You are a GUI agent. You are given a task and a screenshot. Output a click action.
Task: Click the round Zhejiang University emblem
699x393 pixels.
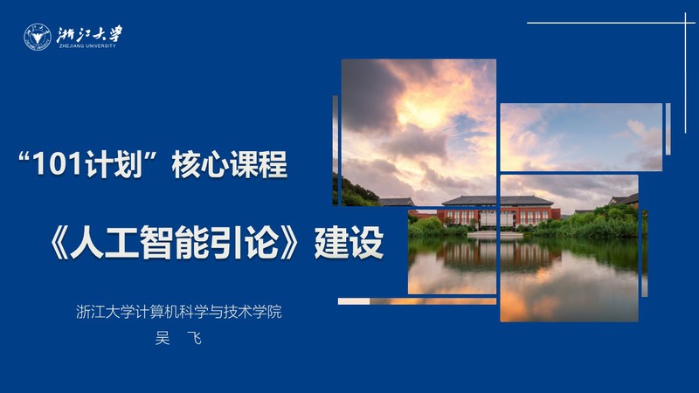[38, 37]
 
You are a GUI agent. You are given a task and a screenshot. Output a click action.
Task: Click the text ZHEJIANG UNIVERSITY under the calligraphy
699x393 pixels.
[87, 46]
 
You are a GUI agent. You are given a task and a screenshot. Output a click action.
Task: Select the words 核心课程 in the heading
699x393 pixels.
[230, 164]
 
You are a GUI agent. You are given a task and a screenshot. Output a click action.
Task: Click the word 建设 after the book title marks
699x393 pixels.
[349, 243]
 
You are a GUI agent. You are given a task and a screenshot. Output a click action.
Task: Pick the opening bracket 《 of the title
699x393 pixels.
[59, 243]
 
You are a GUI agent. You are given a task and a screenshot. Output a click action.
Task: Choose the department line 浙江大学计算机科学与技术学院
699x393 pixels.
[179, 312]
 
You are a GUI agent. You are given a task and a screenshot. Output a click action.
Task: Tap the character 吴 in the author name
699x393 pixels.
[163, 339]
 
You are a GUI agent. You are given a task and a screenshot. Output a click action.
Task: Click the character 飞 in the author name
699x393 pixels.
[194, 339]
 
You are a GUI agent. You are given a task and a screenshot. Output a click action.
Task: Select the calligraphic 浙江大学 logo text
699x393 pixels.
[89, 34]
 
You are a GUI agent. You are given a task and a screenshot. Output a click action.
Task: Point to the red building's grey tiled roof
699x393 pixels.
[497, 201]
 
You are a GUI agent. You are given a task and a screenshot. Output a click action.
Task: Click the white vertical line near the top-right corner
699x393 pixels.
[686, 73]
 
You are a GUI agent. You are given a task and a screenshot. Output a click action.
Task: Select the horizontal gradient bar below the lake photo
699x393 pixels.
[417, 301]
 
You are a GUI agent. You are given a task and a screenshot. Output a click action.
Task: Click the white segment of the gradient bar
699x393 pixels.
[354, 301]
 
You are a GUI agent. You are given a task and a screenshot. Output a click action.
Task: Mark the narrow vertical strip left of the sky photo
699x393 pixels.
[336, 150]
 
